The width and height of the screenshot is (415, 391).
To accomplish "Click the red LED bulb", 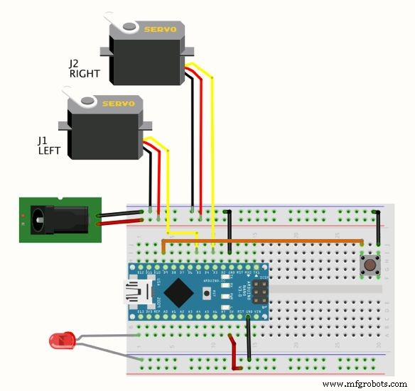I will pyautogui.click(x=60, y=341).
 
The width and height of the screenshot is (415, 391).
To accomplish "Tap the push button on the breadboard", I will pyautogui.click(x=369, y=267).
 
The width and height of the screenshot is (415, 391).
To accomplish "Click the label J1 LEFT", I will pyautogui.click(x=50, y=145).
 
